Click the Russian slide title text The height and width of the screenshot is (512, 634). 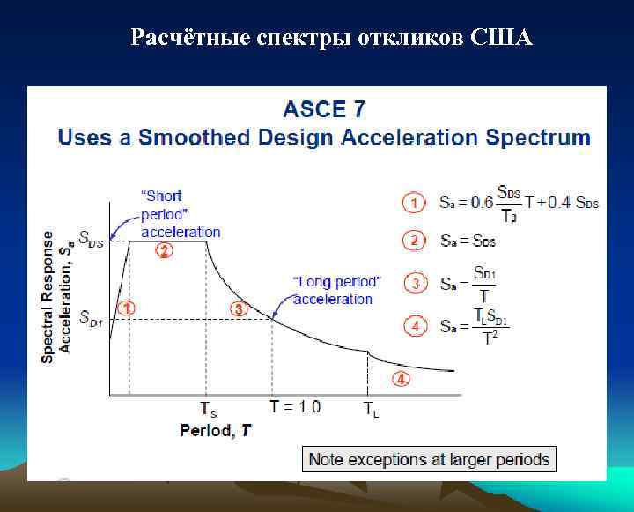click(x=331, y=38)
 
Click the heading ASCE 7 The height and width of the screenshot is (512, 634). click(x=323, y=110)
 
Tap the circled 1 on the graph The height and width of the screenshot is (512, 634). click(x=127, y=308)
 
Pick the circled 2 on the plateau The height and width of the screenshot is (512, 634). click(x=164, y=250)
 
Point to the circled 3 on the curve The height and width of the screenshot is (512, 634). click(x=238, y=308)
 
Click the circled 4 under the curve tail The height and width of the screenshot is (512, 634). click(x=401, y=379)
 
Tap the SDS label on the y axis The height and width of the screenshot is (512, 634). click(x=91, y=239)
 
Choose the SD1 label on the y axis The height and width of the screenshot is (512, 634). click(x=91, y=319)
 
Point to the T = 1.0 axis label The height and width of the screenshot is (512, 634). click(x=295, y=407)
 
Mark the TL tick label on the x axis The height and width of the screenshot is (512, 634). click(x=372, y=410)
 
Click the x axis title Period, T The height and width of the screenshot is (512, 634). click(x=216, y=430)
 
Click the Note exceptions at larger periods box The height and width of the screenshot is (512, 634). click(x=429, y=459)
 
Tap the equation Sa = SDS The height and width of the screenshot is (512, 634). click(x=468, y=241)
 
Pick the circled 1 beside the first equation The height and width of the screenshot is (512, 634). click(x=413, y=203)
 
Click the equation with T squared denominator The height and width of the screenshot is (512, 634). click(x=474, y=327)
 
